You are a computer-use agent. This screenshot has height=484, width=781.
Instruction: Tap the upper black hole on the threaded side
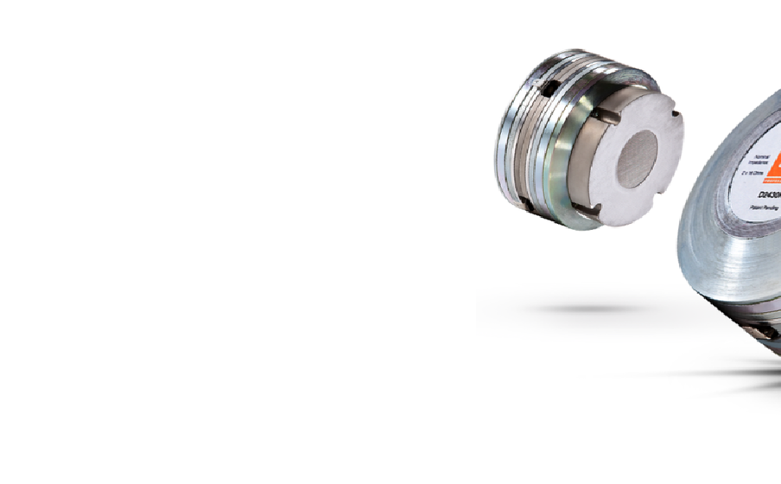(545, 88)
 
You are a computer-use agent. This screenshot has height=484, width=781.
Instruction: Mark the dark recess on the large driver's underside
(764, 330)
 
